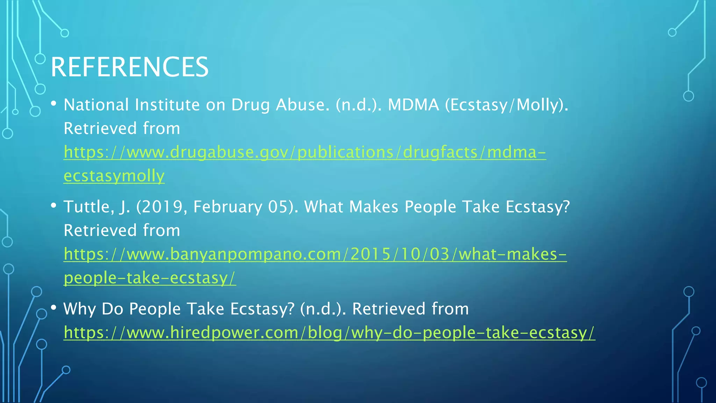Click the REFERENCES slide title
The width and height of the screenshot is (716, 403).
coord(129,67)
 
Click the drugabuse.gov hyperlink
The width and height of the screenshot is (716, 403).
coord(304,152)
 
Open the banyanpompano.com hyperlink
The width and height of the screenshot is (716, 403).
coord(315,254)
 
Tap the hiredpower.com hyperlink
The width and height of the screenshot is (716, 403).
coord(329,332)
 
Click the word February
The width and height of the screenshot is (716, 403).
coord(228,207)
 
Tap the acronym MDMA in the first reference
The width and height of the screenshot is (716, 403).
coord(413,105)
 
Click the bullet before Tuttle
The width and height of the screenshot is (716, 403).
coord(53,205)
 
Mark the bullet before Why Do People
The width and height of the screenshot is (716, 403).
coord(53,307)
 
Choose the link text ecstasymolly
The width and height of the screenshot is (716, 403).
coord(114,176)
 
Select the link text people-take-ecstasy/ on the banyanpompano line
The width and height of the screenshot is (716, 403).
coord(150,278)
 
